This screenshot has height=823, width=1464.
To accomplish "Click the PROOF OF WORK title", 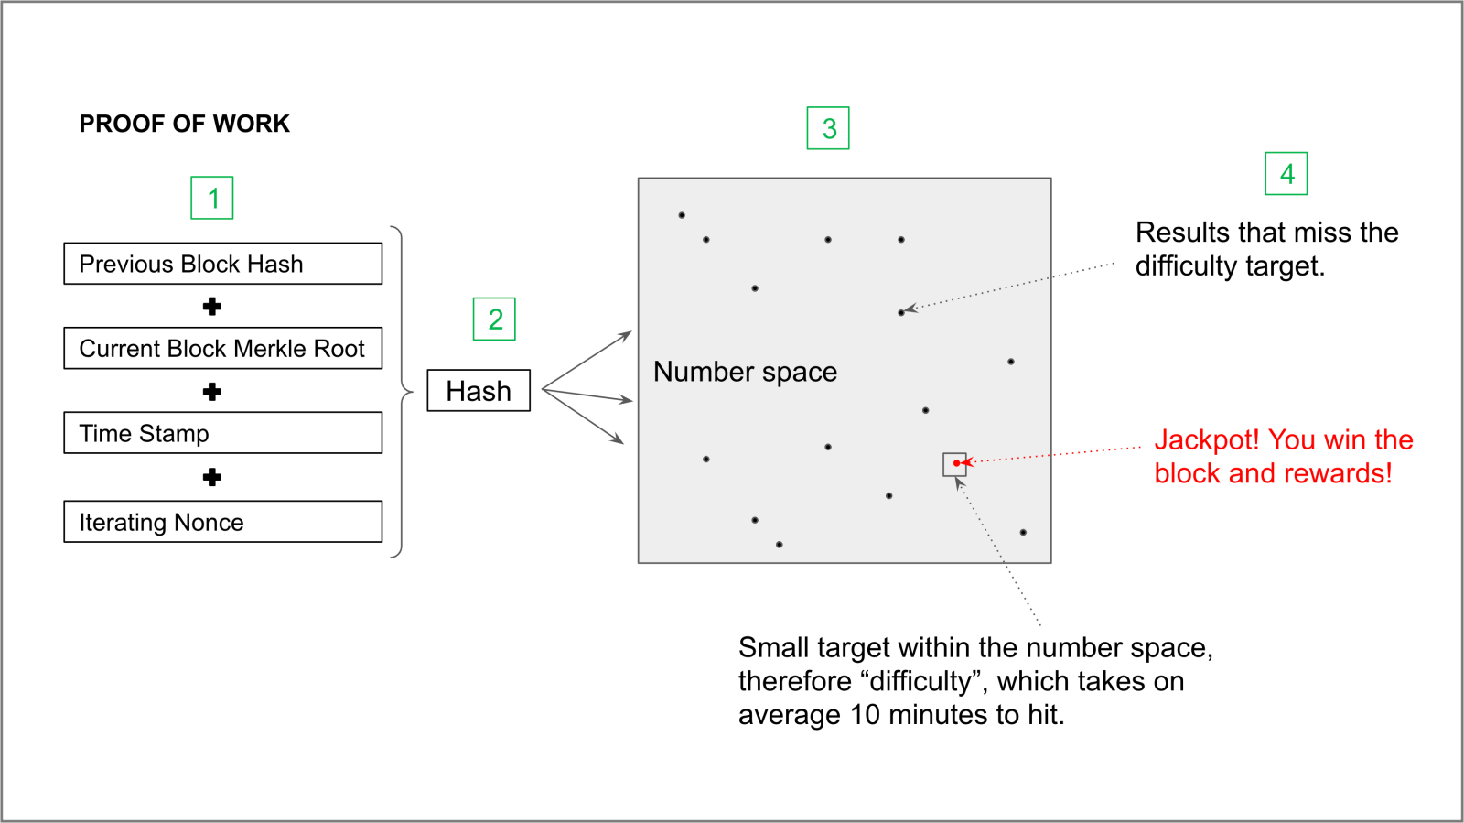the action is [184, 124].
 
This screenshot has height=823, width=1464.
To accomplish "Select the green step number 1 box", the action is [211, 198].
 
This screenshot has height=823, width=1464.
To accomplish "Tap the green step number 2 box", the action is [494, 319].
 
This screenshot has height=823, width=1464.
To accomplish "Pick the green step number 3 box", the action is [828, 128].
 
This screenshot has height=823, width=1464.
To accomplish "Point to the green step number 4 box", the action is [1286, 174].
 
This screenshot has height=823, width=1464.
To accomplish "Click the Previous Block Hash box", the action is [223, 264].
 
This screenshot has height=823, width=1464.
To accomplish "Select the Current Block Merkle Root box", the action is [223, 349].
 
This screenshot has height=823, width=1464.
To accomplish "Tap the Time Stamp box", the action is [223, 433].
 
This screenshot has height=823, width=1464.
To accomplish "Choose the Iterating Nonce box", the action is [223, 522].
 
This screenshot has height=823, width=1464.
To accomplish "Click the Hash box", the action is [479, 391].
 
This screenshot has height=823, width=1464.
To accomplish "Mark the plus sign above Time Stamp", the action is [211, 392].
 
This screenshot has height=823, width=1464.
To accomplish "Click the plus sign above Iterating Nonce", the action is [211, 477].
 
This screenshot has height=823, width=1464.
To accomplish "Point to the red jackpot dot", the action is [956, 463].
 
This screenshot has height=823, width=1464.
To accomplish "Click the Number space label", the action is [745, 372].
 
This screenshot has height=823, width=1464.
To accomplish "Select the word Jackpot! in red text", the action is [1207, 440].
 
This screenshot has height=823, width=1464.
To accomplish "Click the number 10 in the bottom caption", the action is [866, 715].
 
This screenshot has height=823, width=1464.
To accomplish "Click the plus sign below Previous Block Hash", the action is [211, 307].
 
